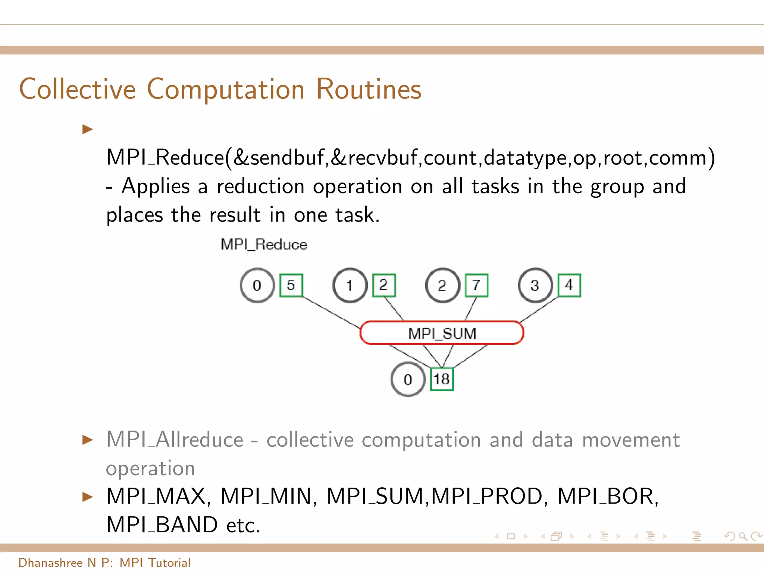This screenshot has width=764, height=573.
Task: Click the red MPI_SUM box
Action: point(442,333)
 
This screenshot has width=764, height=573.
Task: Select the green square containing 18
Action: point(442,379)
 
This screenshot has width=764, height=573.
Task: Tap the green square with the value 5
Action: point(291,285)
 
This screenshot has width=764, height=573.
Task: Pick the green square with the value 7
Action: point(476,285)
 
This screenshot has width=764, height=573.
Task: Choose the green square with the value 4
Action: point(569,285)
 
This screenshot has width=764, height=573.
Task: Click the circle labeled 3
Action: point(535,285)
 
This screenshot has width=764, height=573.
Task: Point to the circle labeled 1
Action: point(350,285)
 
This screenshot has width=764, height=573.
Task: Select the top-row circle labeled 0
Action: point(257,285)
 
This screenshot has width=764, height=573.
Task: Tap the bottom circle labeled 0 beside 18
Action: point(408,379)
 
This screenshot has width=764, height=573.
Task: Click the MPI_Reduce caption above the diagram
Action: point(264,245)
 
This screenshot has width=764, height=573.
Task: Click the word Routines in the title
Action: point(369,90)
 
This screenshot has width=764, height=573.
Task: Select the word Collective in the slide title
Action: point(78,90)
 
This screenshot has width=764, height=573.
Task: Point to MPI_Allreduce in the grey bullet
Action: point(175,439)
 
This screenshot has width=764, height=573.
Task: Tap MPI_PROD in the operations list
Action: point(487,497)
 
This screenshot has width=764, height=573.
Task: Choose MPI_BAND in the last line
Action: point(162,525)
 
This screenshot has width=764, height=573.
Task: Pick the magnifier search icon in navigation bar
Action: point(743,536)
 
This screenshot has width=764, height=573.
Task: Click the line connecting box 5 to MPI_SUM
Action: point(331,313)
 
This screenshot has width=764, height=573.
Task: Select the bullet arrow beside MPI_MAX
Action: point(88,497)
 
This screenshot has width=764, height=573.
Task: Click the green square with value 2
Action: point(384,285)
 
